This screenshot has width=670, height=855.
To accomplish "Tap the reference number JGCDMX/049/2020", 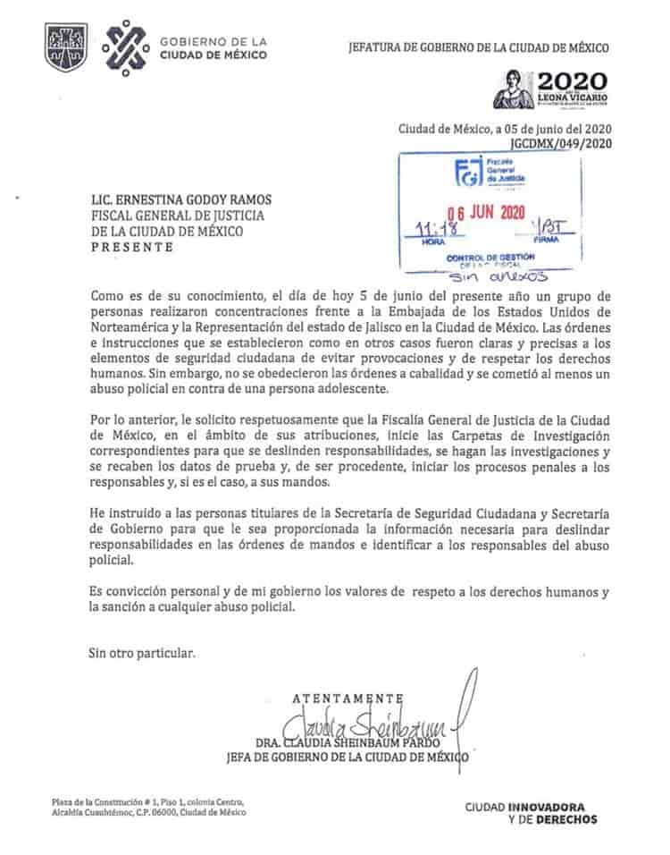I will pyautogui.click(x=559, y=142).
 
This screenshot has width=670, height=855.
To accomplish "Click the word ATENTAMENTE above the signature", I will pyautogui.click(x=350, y=698).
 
